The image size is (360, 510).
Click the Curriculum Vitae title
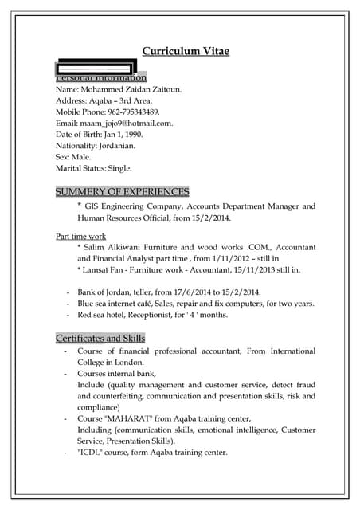pyautogui.click(x=186, y=51)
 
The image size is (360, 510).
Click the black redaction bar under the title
pyautogui.click(x=95, y=68)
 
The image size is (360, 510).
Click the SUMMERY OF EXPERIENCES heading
pyautogui.click(x=122, y=192)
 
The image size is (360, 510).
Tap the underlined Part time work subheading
pyautogui.click(x=80, y=237)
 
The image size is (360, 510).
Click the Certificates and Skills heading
pyautogui.click(x=100, y=339)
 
